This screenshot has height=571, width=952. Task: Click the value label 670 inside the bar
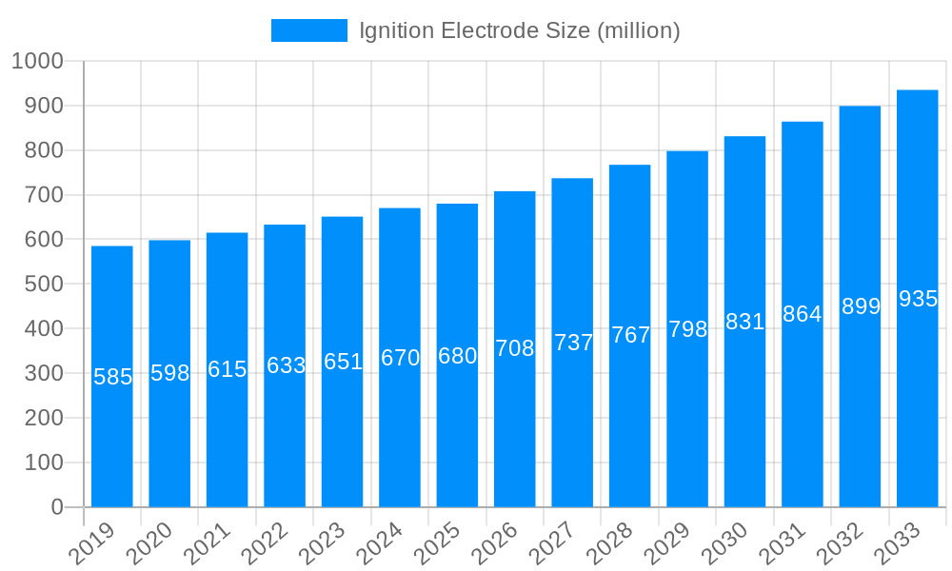point(400,358)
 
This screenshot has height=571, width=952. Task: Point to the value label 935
point(918,299)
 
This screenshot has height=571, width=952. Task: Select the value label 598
point(170,373)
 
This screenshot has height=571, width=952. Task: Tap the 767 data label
point(630,335)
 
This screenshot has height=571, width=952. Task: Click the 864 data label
point(802,314)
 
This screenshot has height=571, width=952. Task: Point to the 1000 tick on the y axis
point(37,61)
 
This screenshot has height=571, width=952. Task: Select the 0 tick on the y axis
point(57,507)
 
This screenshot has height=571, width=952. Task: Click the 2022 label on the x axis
point(268,545)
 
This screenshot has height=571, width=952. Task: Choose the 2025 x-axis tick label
point(440,545)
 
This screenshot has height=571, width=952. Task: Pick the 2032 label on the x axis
point(843,545)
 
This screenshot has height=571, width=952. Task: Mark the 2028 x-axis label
point(612,545)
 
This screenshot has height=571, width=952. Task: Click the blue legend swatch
point(309,30)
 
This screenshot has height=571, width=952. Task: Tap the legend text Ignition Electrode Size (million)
point(519,30)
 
